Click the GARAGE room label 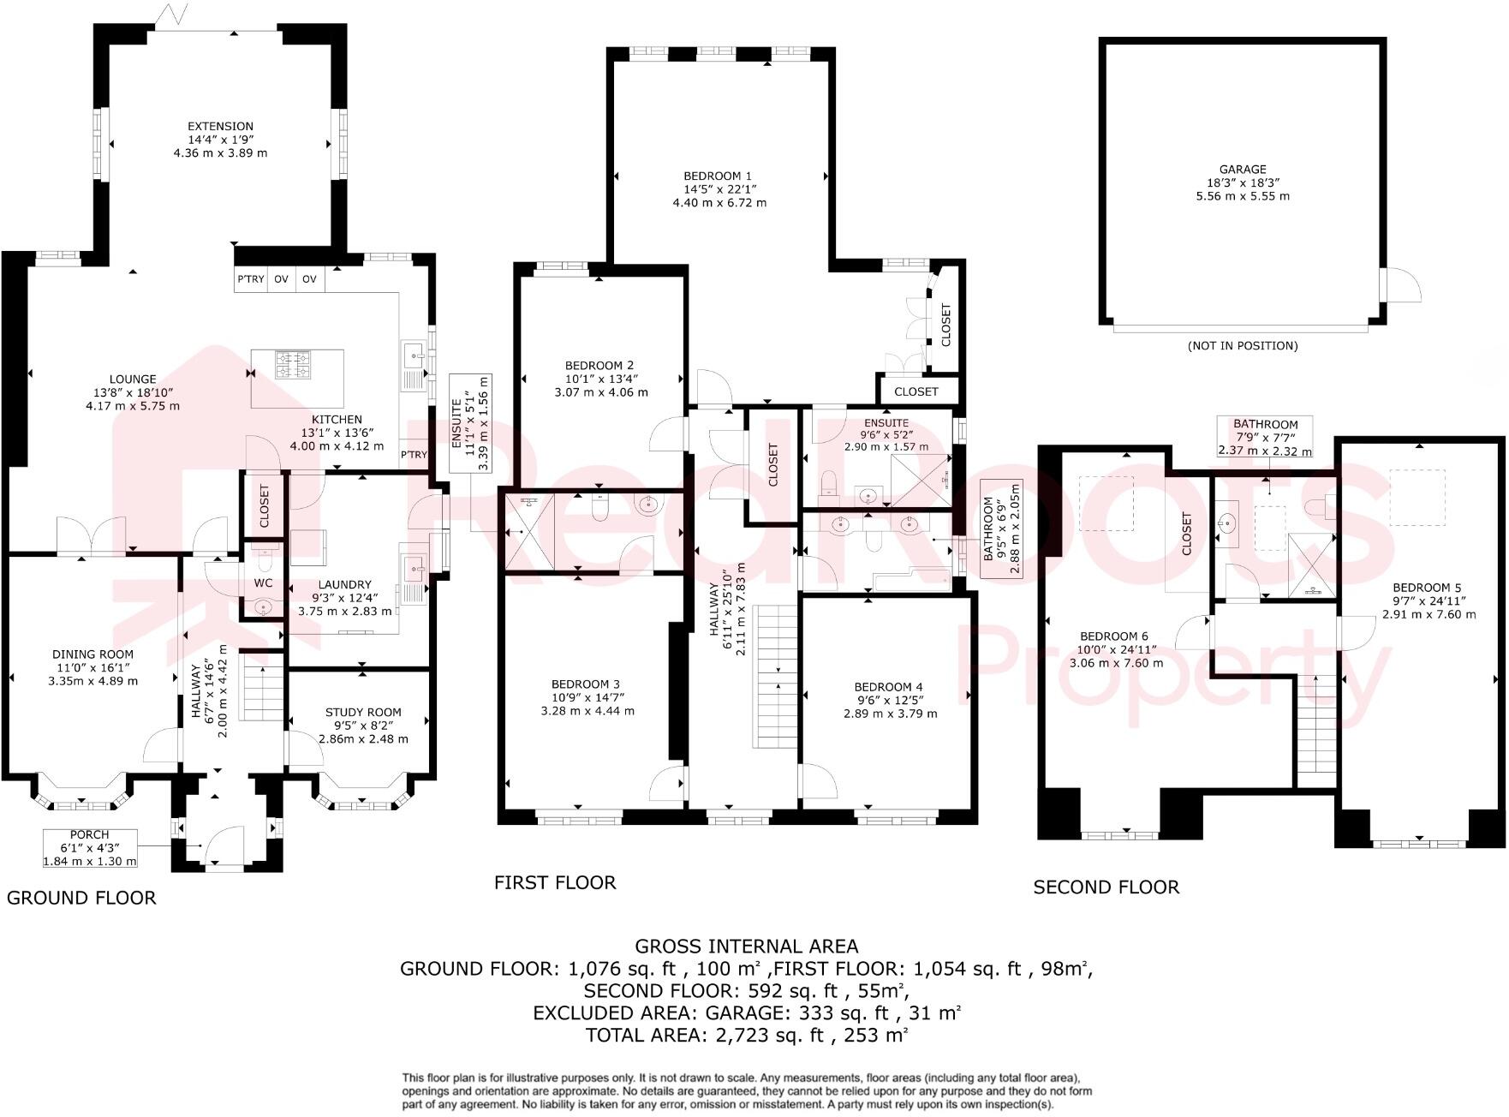(x=1243, y=170)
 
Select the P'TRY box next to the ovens (x=250, y=279)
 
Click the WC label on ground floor (x=263, y=582)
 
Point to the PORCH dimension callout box (x=90, y=848)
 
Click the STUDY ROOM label (x=363, y=712)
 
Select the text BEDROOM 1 (x=718, y=176)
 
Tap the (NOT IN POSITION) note (x=1242, y=346)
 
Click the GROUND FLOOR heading (x=81, y=898)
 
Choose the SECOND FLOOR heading (x=1106, y=887)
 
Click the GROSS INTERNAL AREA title (x=746, y=947)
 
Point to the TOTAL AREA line (x=746, y=1035)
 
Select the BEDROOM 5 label (x=1428, y=587)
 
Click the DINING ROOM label (x=92, y=654)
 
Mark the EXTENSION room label (x=221, y=126)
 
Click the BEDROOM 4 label (x=889, y=686)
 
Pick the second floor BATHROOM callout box (x=1265, y=437)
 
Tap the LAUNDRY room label (x=345, y=585)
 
